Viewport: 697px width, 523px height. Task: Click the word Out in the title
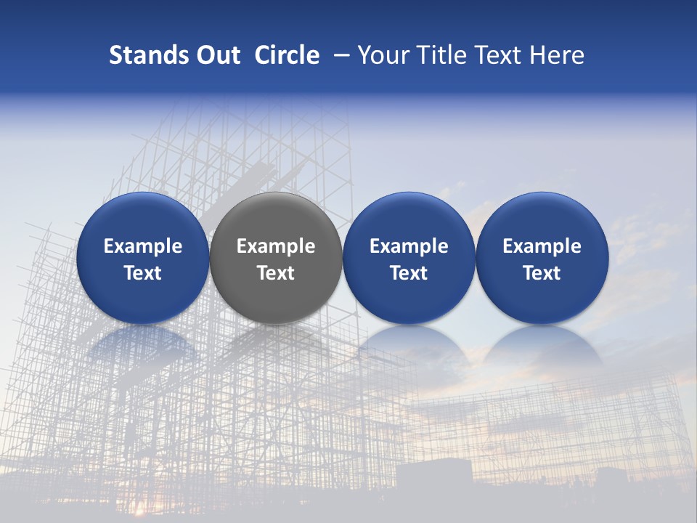pyautogui.click(x=217, y=55)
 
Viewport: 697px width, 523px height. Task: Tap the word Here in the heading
pyautogui.click(x=557, y=55)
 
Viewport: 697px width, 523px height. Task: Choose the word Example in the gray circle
pyautogui.click(x=276, y=246)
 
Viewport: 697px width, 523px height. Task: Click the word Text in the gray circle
pyautogui.click(x=276, y=273)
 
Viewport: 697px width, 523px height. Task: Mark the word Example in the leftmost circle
pyautogui.click(x=143, y=246)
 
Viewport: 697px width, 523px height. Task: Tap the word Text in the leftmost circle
pyautogui.click(x=143, y=273)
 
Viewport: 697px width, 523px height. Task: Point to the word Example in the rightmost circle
pyautogui.click(x=542, y=246)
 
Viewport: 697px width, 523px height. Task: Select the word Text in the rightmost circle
pyautogui.click(x=542, y=273)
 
